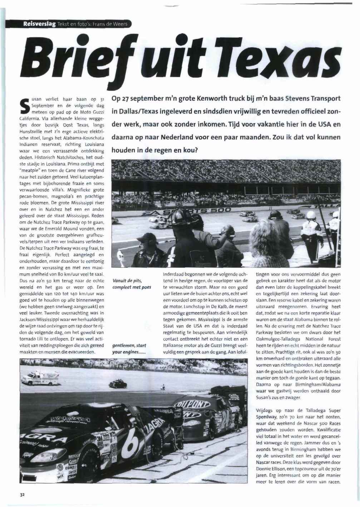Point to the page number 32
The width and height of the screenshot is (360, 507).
pyautogui.click(x=22, y=494)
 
